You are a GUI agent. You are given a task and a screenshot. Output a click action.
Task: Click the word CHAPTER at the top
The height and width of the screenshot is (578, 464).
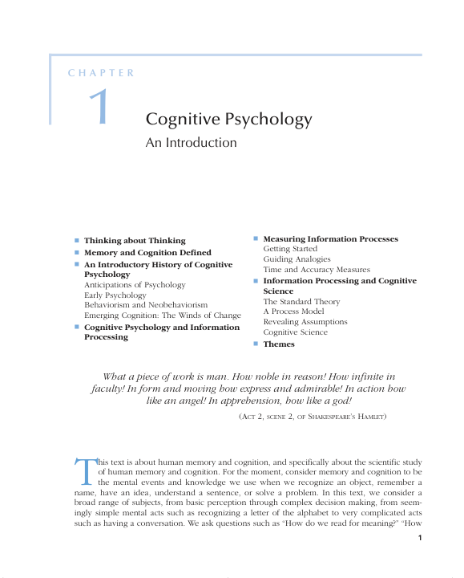point(101,73)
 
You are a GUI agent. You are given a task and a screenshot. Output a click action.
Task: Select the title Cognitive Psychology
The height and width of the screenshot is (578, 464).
point(228,120)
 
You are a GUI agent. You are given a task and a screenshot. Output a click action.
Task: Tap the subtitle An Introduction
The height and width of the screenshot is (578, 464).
point(191,143)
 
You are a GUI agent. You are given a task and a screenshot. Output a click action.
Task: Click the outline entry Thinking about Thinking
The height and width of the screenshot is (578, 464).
point(135,240)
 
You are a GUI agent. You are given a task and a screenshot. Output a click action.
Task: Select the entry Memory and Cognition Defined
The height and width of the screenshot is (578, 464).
point(147,252)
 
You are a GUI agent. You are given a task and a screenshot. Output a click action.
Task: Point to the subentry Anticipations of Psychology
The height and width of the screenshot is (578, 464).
point(135,284)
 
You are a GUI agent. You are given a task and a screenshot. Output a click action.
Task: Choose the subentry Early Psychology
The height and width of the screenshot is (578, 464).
point(115,295)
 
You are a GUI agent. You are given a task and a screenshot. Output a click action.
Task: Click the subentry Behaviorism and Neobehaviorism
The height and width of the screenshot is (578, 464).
point(146,305)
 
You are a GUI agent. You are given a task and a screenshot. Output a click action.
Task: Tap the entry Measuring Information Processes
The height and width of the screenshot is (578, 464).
point(330,239)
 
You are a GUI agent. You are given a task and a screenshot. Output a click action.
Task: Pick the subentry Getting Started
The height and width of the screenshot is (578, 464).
point(290,249)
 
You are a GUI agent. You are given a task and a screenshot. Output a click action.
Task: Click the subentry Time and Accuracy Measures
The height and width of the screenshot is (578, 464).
point(317,270)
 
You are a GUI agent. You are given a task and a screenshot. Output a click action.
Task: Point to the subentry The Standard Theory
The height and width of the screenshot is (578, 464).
point(301,302)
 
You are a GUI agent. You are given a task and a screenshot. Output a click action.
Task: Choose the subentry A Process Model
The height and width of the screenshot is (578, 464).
point(293,311)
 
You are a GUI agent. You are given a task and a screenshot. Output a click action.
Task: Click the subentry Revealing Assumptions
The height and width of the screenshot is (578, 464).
point(305,322)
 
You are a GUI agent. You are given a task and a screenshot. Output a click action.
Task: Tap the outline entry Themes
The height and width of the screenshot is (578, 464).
point(279,344)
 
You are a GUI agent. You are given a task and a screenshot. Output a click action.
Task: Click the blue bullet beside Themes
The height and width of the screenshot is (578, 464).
point(256,344)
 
